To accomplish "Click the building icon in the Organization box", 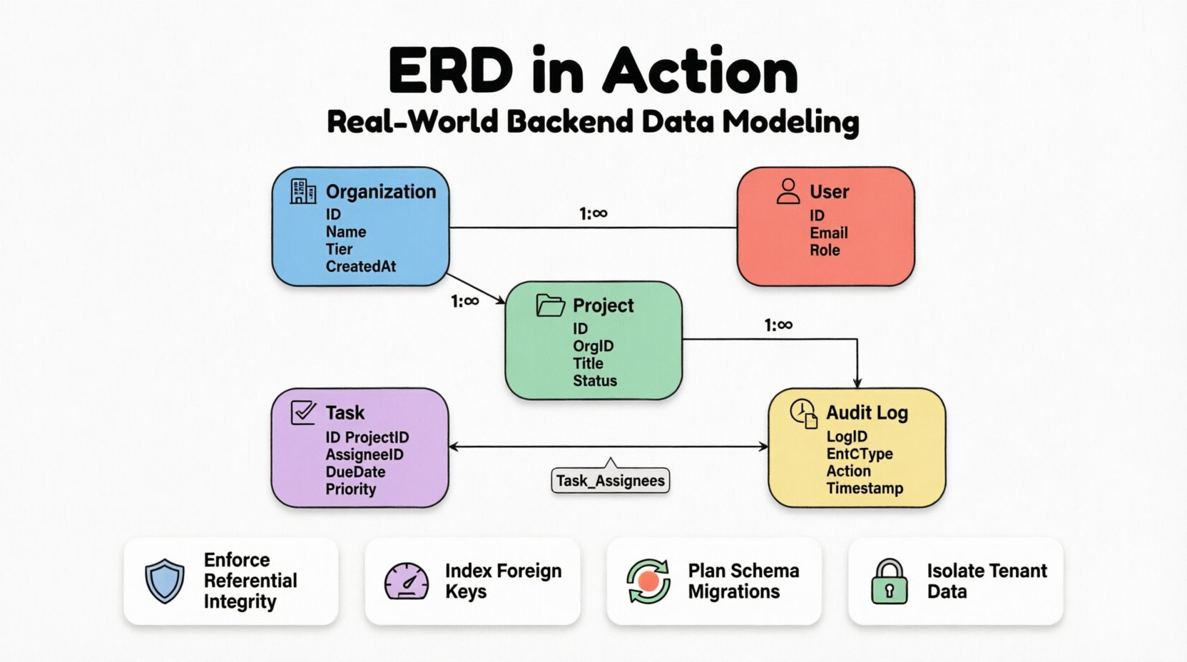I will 303,191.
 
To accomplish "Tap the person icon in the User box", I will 788,191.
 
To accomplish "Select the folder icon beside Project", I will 550,305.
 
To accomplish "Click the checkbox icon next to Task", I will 304,412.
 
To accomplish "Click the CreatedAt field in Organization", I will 361,266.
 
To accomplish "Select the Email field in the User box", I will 829,233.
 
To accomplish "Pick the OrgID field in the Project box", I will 593,346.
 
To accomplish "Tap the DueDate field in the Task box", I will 355,472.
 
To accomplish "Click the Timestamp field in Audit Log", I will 865,488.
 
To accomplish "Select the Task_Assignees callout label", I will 611,481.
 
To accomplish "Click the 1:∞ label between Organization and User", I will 593,213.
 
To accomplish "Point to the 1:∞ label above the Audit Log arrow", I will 778,325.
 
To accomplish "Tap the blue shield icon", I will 165,581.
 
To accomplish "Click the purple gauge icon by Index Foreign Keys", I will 407,581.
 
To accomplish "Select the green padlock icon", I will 890,581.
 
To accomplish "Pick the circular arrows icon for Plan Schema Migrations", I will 648,581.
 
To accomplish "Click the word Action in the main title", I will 701,71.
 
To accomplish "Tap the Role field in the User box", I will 825,250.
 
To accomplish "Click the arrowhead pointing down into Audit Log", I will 857,383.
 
